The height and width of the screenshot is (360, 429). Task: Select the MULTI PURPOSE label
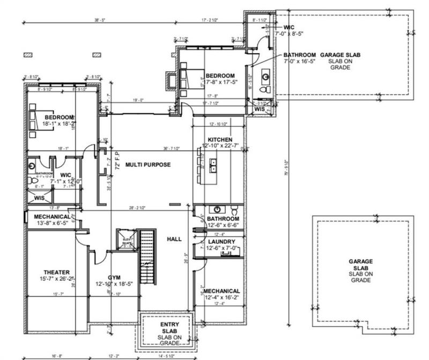tap(148, 165)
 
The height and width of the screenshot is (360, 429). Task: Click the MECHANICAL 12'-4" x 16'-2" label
tap(221, 294)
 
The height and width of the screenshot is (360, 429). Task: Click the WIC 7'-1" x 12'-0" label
tap(65, 178)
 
